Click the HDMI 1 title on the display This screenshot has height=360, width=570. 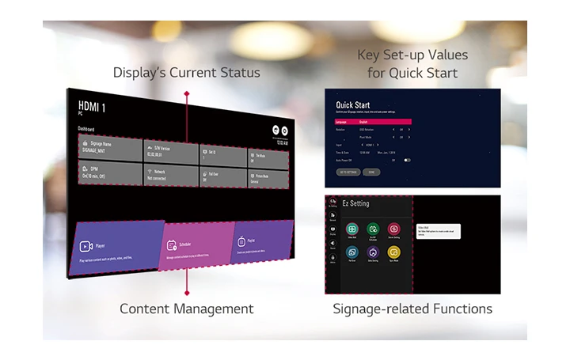click(92, 106)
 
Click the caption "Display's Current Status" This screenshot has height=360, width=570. click(186, 73)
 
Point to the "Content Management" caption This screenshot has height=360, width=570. click(186, 309)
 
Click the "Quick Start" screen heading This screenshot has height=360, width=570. click(353, 105)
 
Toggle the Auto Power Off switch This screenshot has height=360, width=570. click(407, 160)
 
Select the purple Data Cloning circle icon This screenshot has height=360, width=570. click(373, 252)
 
